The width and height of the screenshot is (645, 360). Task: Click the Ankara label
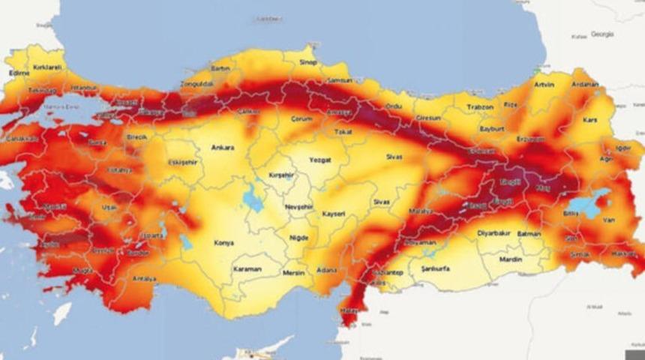223,147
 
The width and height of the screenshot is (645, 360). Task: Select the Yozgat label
320,160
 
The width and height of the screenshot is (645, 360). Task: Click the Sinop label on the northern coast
308,62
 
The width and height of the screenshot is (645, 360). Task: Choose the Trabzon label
479,107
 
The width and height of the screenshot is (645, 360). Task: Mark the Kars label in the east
589,120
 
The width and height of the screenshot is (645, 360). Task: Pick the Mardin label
510,259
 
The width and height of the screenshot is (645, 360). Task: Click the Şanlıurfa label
435,268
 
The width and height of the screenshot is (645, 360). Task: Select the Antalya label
144,279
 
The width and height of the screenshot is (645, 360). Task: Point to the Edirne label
19,73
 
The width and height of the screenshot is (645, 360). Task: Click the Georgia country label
602,34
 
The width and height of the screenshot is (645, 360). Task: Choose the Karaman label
246,268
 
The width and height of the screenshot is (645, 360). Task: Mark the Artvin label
544,85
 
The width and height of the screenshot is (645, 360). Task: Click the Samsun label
340,80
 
